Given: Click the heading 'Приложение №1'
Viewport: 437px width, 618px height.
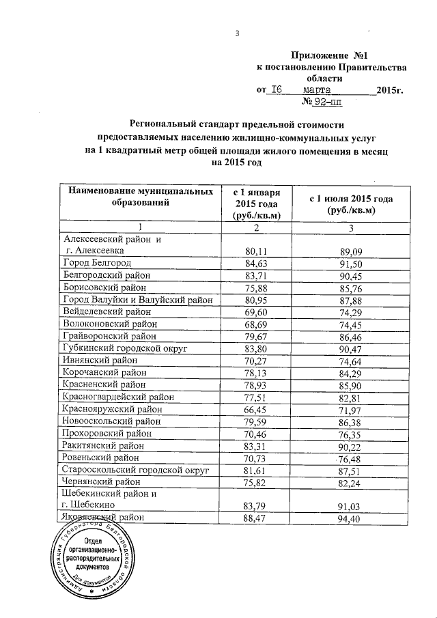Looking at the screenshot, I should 334,54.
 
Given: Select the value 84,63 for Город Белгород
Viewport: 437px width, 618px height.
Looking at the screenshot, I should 256,263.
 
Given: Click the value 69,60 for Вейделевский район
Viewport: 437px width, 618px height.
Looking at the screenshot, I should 256,311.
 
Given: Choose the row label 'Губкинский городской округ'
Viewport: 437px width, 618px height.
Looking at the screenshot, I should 124,348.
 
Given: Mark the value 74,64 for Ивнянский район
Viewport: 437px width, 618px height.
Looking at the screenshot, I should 350,361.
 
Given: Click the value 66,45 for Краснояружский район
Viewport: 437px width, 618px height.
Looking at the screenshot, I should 256,410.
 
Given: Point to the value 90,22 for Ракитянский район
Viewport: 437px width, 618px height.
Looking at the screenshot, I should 350,446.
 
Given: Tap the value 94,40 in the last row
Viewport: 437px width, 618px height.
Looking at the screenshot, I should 350,520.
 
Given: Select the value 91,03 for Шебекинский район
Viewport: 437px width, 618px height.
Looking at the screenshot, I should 350,507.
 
